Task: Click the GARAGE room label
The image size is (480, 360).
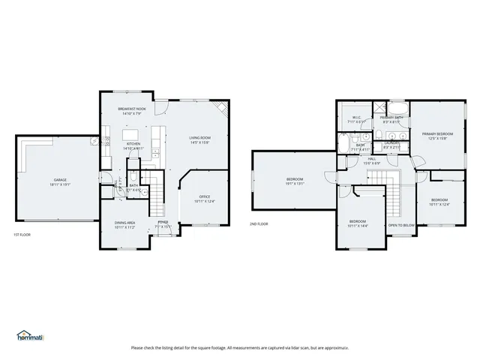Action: click(x=59, y=180)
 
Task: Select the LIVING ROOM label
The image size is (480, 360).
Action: click(x=199, y=138)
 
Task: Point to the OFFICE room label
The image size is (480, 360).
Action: click(x=204, y=196)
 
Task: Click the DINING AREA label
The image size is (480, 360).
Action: click(x=124, y=223)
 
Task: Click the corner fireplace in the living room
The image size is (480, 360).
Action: click(x=223, y=109)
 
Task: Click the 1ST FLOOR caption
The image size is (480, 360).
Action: click(x=22, y=235)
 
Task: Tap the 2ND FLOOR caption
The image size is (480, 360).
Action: click(x=259, y=223)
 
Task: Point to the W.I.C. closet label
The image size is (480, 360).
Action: click(x=357, y=118)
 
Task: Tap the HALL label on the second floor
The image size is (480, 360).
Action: click(x=371, y=158)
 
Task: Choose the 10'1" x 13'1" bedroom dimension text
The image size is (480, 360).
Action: click(x=295, y=184)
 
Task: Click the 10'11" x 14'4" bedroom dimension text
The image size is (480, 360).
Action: click(x=357, y=226)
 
